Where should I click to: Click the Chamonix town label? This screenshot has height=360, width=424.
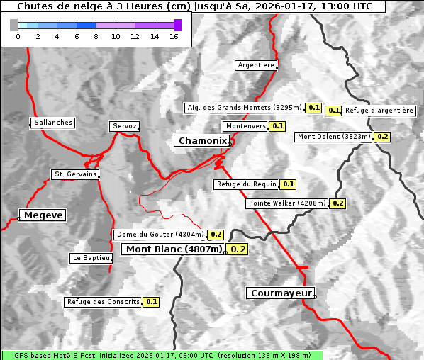point(202,141)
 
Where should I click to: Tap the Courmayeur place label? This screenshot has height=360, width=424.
point(280,293)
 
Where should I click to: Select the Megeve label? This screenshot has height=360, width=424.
point(43,215)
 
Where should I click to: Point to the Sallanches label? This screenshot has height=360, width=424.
point(53,123)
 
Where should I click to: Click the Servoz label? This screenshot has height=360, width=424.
point(124,126)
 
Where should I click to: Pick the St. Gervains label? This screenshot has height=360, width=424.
point(74,174)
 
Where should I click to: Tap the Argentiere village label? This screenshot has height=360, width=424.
point(256,65)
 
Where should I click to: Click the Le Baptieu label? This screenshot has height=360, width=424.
point(91,258)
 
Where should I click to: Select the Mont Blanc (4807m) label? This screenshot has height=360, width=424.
point(174,249)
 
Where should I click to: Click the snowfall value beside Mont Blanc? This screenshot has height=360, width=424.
point(238,249)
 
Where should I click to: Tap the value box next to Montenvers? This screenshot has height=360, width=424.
point(278,126)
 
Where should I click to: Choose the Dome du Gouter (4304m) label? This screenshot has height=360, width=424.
point(160,235)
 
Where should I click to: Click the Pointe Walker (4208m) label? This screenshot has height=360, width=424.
point(287,203)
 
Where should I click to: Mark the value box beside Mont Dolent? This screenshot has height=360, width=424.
point(383,137)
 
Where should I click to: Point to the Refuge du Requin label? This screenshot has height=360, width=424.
point(246,184)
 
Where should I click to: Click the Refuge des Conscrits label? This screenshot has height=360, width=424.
point(103,302)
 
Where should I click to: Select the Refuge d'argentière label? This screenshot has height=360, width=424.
point(379,111)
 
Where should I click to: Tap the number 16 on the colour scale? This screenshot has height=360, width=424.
point(174,36)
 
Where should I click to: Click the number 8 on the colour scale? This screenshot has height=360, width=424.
point(96,36)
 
